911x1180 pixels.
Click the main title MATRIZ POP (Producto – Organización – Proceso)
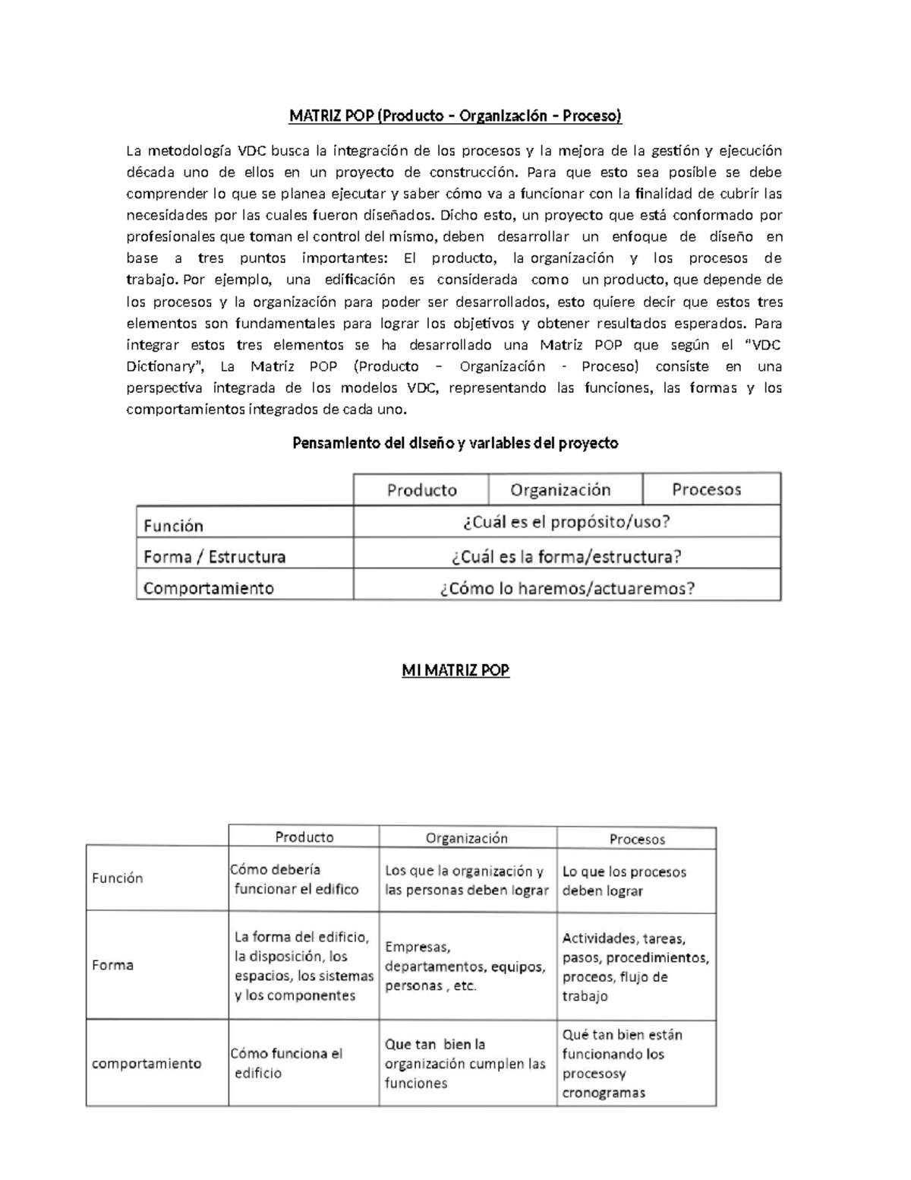[455, 115]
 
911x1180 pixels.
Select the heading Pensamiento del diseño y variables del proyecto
[455, 443]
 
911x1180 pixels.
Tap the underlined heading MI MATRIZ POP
[455, 670]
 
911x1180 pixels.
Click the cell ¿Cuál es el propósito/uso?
[566, 522]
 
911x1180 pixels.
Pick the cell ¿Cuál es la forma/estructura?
[566, 556]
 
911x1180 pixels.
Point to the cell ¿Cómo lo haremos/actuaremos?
[566, 588]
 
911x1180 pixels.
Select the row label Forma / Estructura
[215, 556]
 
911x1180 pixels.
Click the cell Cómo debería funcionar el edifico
[296, 880]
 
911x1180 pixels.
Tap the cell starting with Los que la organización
[466, 881]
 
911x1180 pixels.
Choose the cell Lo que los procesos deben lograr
[624, 881]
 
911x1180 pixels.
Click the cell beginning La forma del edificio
[304, 966]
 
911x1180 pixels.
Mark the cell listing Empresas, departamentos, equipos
[465, 966]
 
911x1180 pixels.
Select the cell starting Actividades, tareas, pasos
[635, 967]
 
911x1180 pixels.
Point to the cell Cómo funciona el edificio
[286, 1063]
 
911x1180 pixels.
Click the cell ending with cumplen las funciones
[465, 1064]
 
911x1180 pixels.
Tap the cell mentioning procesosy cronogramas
[623, 1064]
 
